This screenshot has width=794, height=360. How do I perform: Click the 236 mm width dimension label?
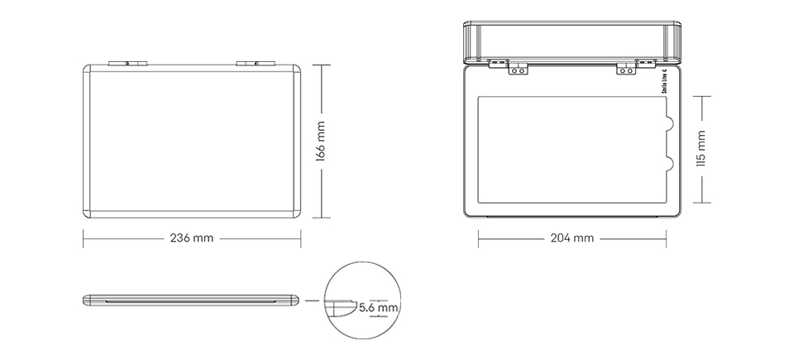[x=191, y=238]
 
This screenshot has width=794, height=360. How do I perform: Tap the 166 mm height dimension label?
[x=321, y=141]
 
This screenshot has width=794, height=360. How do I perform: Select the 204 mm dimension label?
[x=572, y=238]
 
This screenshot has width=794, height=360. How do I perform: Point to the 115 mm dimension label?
[x=701, y=149]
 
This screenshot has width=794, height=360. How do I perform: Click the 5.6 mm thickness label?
[x=379, y=308]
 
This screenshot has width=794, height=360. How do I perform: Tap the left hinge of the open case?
[x=518, y=70]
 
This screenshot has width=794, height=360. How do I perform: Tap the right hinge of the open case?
[x=626, y=70]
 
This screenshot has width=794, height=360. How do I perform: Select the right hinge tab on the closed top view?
[x=255, y=62]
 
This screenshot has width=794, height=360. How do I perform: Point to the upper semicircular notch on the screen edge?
[x=669, y=124]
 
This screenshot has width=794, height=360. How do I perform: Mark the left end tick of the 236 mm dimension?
[x=84, y=238]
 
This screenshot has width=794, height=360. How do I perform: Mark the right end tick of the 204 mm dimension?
[x=667, y=238]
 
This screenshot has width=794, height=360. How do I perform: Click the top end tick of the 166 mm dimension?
[x=321, y=64]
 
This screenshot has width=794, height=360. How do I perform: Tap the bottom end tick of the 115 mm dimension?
[x=701, y=202]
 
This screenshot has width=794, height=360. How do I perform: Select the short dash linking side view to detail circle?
[x=311, y=300]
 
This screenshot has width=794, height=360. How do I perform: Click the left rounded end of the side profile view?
[x=87, y=300]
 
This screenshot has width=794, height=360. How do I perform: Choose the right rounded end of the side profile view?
[x=295, y=300]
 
